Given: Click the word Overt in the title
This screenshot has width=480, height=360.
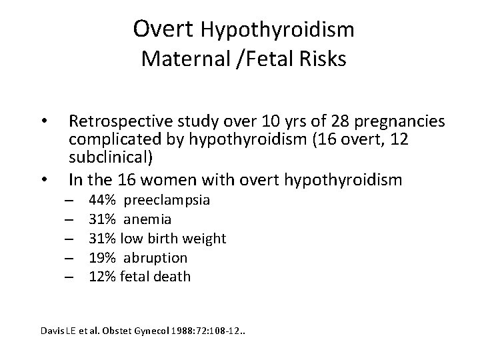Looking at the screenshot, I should [x=163, y=29].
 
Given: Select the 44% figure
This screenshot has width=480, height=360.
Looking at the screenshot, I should [x=103, y=200].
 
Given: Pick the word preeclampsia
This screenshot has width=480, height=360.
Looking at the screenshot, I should [x=167, y=200].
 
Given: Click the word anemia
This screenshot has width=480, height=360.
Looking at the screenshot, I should [x=147, y=219].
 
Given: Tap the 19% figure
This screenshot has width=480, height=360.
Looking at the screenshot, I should [x=103, y=257].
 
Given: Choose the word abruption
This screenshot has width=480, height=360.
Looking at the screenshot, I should [x=155, y=257].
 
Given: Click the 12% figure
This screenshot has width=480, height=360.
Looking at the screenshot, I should [x=103, y=276].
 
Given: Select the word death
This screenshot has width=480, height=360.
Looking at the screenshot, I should [x=173, y=276].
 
